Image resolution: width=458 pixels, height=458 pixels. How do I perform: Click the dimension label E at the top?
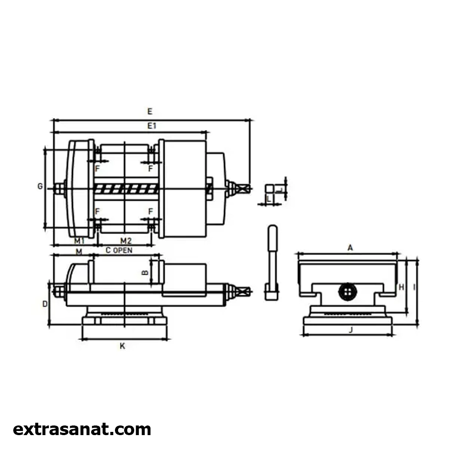pyautogui.click(x=150, y=111)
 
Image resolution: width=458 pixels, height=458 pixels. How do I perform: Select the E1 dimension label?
pyautogui.click(x=152, y=126)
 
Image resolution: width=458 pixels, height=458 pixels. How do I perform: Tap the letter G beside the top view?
pyautogui.click(x=40, y=186)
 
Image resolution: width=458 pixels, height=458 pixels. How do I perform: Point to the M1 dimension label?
pyautogui.click(x=79, y=241)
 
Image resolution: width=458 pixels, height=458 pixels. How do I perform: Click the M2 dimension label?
pyautogui.click(x=126, y=241)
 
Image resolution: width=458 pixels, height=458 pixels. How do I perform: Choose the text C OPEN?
pyautogui.click(x=119, y=251)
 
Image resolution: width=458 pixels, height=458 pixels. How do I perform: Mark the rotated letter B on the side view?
pyautogui.click(x=145, y=273)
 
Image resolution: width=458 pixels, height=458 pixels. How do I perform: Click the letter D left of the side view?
pyautogui.click(x=45, y=304)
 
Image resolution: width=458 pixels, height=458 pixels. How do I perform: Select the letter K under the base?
pyautogui.click(x=122, y=346)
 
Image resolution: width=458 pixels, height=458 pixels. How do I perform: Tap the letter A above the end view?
pyautogui.click(x=350, y=248)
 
